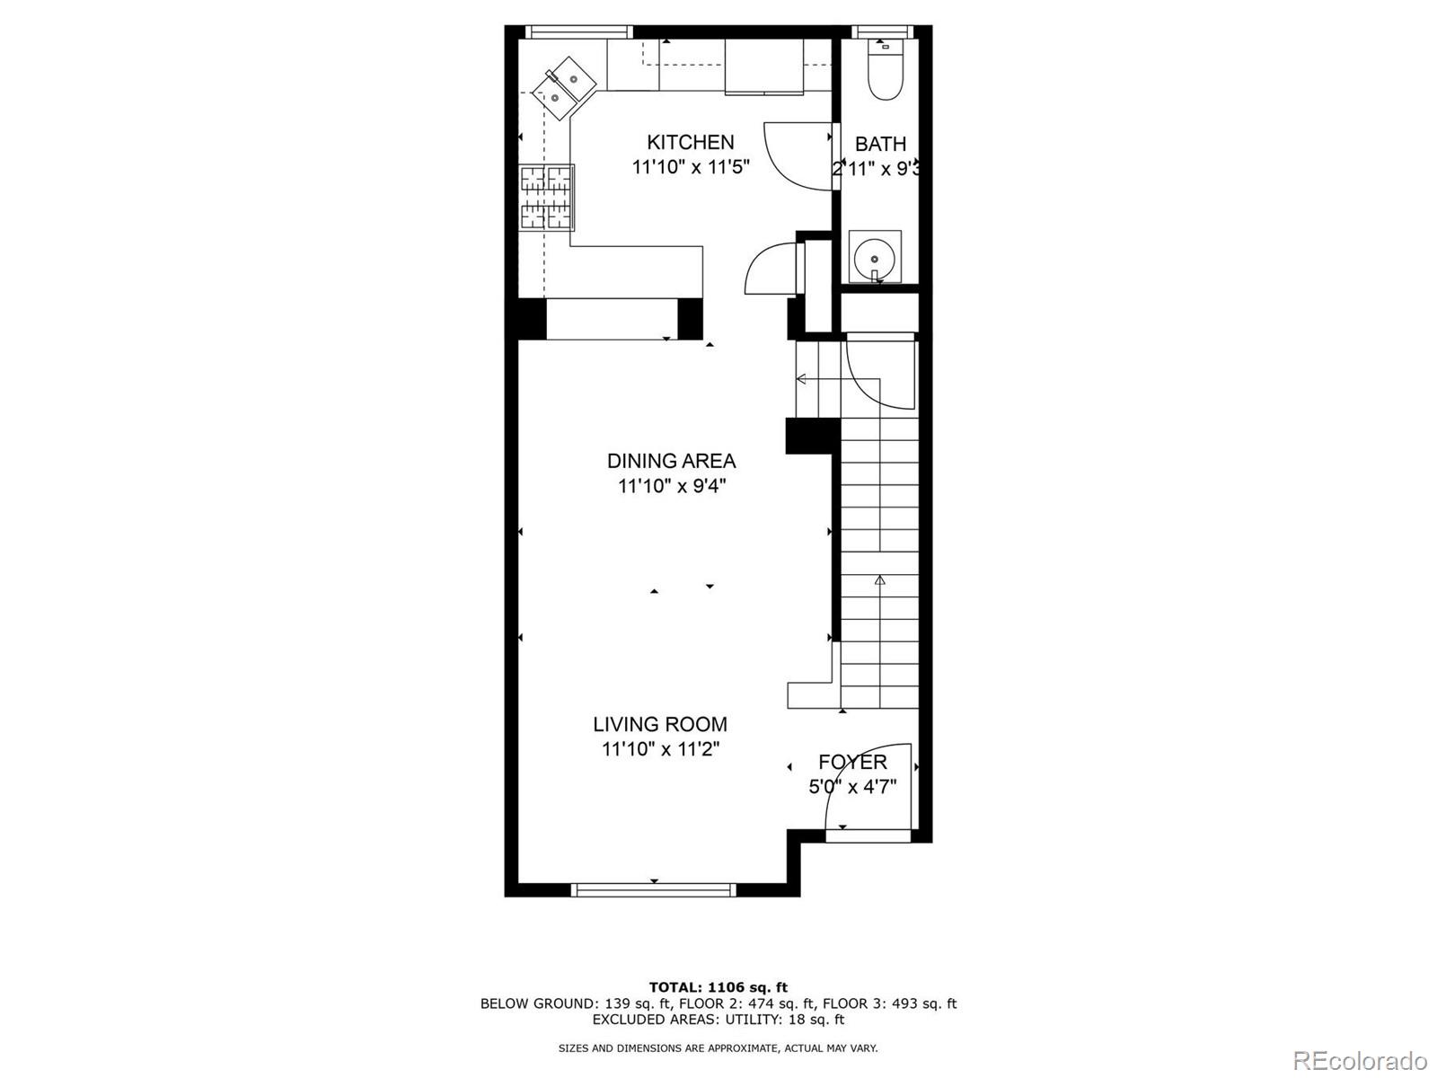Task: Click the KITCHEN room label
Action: tap(690, 142)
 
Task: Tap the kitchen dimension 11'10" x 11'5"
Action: tap(690, 167)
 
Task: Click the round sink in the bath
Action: tap(874, 257)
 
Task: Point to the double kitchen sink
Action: tap(564, 86)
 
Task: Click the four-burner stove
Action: tap(546, 199)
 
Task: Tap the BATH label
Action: tap(880, 144)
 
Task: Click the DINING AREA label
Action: tap(671, 461)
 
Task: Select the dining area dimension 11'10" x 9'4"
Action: tap(671, 486)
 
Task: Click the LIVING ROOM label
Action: tap(660, 724)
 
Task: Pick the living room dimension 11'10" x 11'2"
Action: tap(660, 749)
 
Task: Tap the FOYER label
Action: tap(852, 762)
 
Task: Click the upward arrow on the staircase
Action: tap(880, 581)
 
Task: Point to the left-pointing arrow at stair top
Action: tap(801, 380)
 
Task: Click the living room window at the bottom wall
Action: tap(654, 890)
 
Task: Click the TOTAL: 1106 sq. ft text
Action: tap(718, 987)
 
